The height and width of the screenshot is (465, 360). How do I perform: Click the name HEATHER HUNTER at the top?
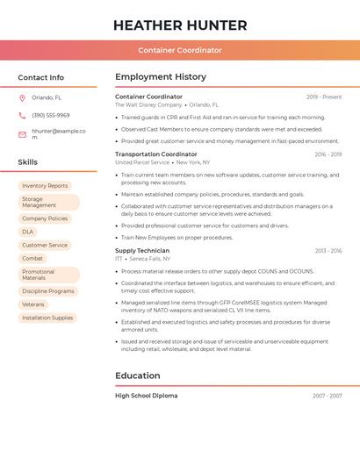coord(180,25)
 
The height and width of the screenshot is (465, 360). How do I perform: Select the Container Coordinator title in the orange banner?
coord(180,50)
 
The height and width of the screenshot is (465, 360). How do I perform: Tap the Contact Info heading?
coord(41,77)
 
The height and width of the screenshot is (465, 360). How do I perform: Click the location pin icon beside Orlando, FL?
coord(22,97)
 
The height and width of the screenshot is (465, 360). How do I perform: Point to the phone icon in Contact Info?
coord(22,115)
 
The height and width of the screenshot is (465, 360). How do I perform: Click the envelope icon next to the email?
coord(22,134)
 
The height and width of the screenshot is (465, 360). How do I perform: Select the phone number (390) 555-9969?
coord(51,115)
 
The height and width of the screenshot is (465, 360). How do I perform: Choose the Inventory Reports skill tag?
coord(45,186)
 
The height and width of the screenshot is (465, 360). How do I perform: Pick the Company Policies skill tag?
coord(45,218)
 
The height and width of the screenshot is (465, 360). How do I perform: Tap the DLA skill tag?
coord(28,232)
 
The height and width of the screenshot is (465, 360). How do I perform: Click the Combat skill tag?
coord(32,259)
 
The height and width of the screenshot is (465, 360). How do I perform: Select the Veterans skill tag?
coord(33,304)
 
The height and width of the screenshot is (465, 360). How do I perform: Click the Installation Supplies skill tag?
coord(47,318)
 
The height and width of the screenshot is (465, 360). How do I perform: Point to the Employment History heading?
coord(161,77)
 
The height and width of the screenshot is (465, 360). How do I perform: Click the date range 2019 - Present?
coord(324,97)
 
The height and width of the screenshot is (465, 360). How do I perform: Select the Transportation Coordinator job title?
coord(156,154)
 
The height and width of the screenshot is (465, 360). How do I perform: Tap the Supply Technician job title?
coord(142,251)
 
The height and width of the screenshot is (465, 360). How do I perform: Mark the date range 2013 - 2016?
coord(328,251)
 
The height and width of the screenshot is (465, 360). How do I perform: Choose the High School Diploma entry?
coord(147,396)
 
